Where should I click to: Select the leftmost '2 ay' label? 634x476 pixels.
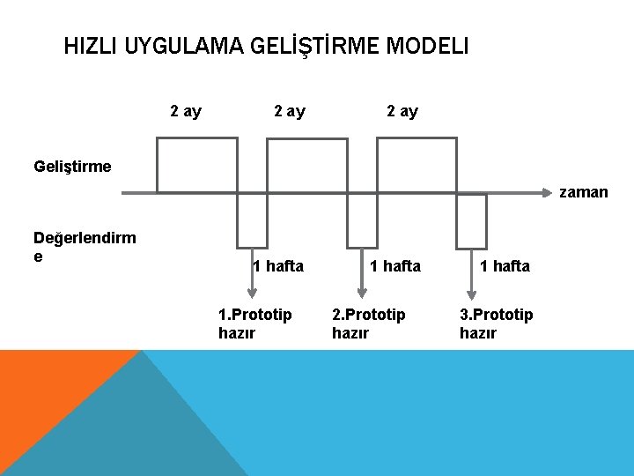186,111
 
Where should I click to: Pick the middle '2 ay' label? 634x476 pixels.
290,111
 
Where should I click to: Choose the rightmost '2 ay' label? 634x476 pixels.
402,111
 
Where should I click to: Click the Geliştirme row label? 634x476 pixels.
72,166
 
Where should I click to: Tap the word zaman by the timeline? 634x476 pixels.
583,192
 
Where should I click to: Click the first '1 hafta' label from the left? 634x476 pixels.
277,266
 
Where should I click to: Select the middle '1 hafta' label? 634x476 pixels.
395,266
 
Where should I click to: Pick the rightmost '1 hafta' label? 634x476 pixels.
505,266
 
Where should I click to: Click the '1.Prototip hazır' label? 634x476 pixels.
254,324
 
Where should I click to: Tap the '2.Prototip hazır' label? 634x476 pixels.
368,324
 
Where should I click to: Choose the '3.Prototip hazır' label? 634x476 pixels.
496,324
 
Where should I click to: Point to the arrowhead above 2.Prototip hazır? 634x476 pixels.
361,291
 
